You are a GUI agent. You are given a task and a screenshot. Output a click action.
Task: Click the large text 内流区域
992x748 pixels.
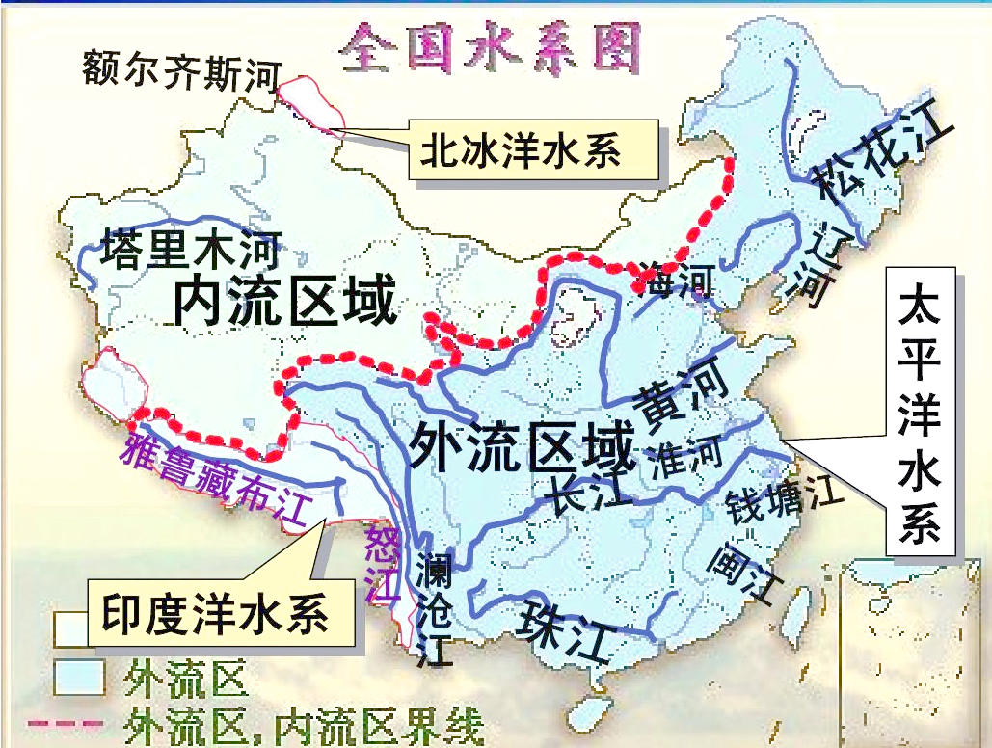point(285,303)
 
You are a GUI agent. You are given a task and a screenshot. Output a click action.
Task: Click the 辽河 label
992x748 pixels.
point(818,262)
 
